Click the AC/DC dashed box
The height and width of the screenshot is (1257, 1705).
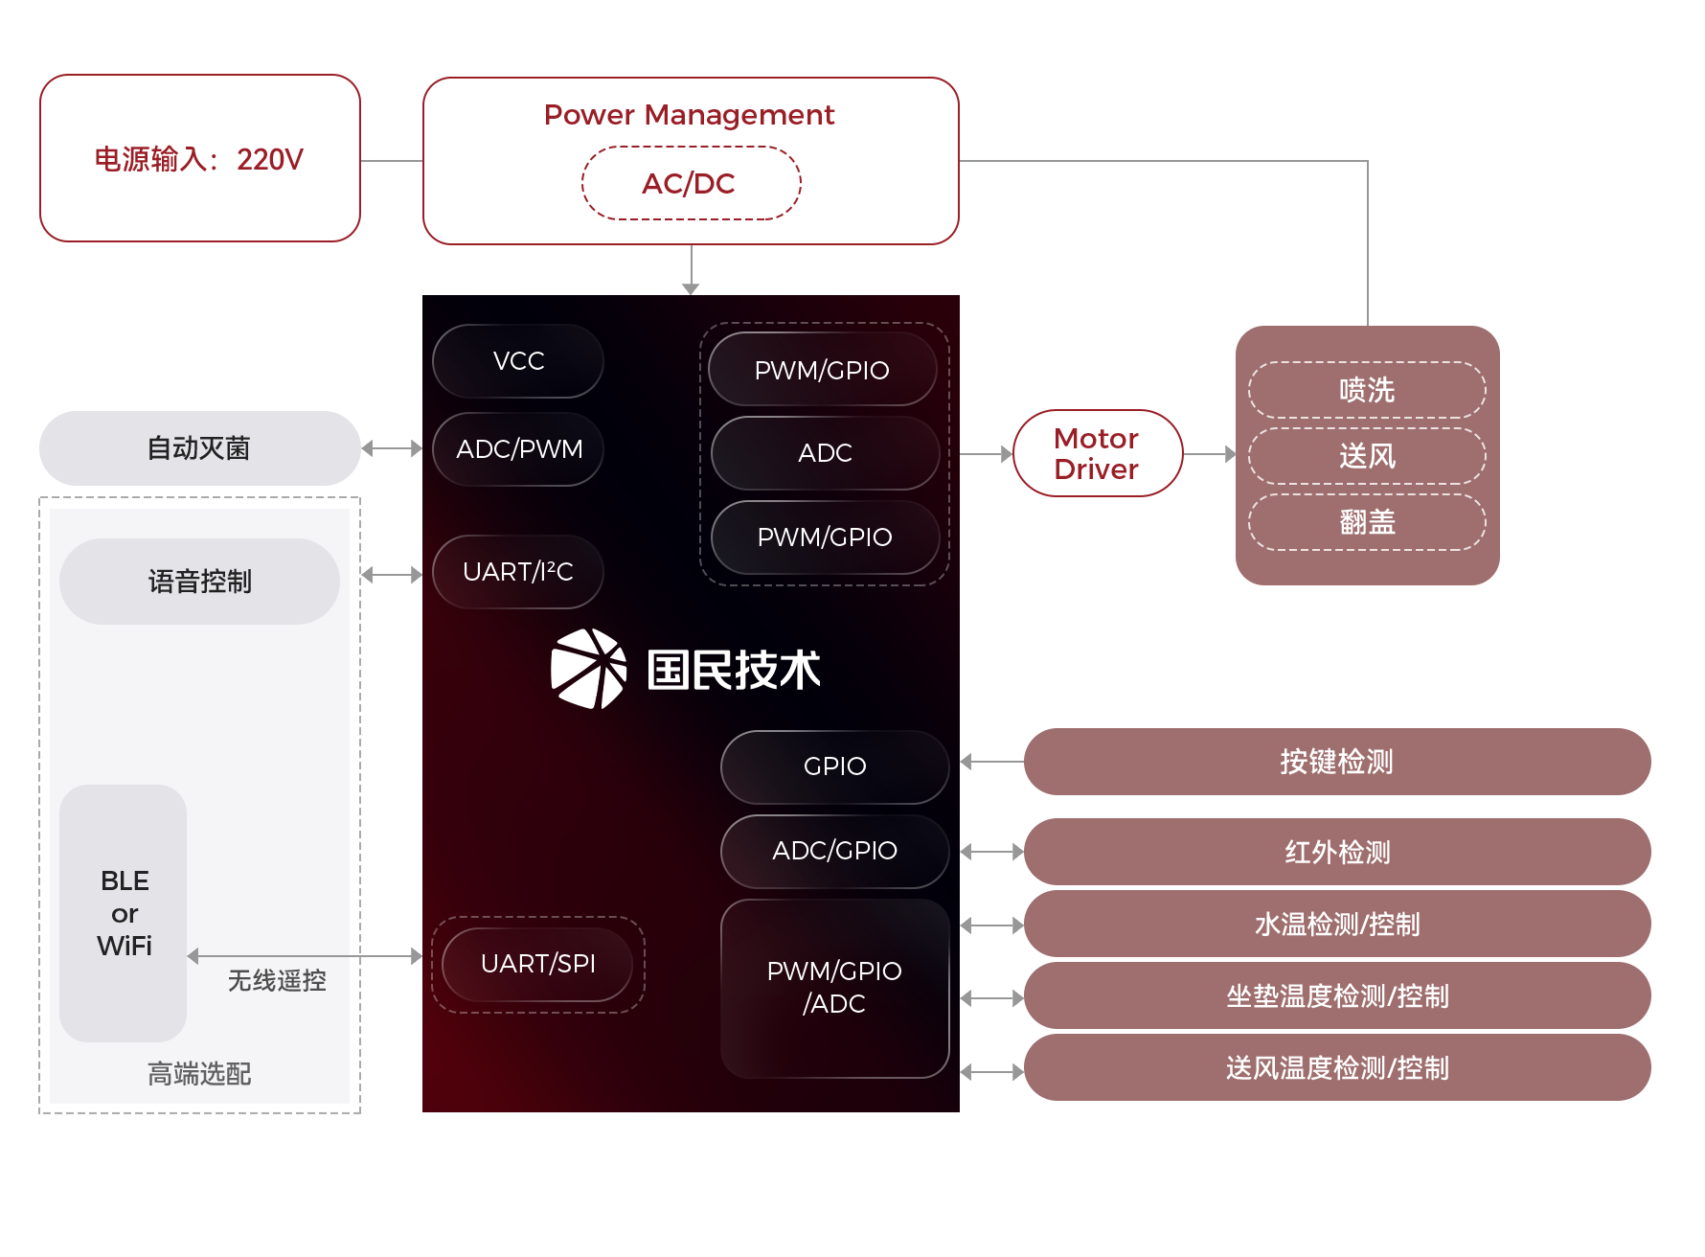[x=691, y=183]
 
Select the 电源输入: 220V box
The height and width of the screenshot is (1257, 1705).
[x=199, y=158]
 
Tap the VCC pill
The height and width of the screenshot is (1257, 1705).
[x=518, y=361]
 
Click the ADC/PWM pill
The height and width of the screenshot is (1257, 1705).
[x=518, y=449]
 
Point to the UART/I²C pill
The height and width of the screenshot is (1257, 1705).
[x=518, y=572]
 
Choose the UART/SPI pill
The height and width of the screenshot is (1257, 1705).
[x=537, y=964]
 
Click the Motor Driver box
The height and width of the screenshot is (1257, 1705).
[x=1098, y=453]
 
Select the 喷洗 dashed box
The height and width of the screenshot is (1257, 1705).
[x=1367, y=390]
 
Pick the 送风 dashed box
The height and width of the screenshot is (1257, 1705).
[x=1367, y=456]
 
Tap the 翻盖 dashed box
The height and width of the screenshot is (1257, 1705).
[x=1367, y=522]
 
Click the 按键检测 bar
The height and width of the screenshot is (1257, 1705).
[x=1336, y=762]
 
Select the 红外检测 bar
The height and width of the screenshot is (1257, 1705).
[x=1336, y=852]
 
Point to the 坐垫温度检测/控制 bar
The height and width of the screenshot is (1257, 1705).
[x=1336, y=996]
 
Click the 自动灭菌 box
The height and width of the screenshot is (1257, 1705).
[x=199, y=447]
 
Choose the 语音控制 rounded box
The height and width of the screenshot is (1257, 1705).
[x=199, y=582]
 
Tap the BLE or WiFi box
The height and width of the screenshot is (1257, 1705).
[x=124, y=913]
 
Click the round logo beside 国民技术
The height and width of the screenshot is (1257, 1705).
[x=588, y=669]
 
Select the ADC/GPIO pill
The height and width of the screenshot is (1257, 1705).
[x=834, y=851]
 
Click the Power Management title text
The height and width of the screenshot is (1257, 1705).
[x=689, y=115]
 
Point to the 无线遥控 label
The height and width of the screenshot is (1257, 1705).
[x=277, y=981]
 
